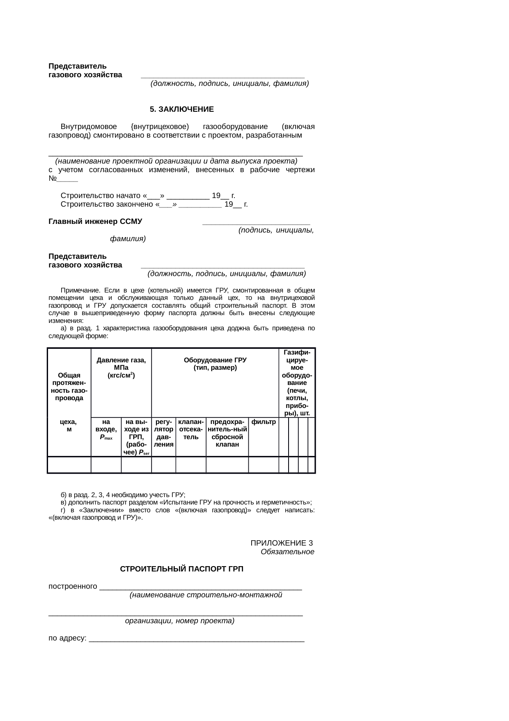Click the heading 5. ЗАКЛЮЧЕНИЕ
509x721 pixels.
coord(181,110)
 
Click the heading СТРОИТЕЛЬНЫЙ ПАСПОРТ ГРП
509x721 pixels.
coord(181,569)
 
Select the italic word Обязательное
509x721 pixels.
coord(287,552)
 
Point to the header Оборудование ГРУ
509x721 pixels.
coord(215,364)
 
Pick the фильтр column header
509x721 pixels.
coord(264,422)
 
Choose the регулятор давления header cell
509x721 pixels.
coord(164,433)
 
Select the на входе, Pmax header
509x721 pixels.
coord(106,429)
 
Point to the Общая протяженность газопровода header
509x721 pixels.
coord(69,386)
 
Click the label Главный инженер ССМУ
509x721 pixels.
coord(95,222)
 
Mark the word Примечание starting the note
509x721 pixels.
coord(80,290)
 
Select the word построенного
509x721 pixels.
coord(73,586)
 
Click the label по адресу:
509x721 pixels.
coord(67,638)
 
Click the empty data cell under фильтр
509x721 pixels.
coord(264,465)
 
